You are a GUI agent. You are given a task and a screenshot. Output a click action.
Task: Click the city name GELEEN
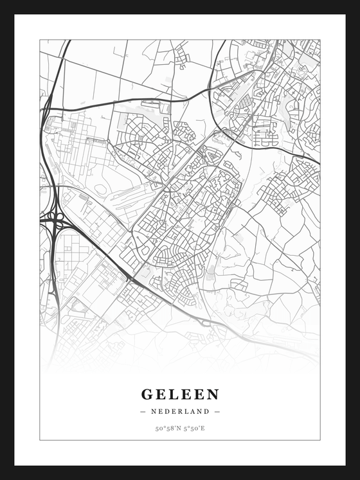pos(180,395)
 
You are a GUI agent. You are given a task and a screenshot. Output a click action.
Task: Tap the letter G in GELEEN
pos(147,395)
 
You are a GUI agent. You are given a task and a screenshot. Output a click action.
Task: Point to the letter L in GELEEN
pos(173,395)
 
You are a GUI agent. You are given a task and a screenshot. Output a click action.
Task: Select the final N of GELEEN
pos(213,395)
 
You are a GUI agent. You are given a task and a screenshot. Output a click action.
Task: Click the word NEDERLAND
pos(180,411)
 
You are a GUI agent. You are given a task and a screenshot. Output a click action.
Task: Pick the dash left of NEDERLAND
pos(143,411)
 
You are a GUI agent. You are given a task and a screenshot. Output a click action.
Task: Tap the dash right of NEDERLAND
pos(217,411)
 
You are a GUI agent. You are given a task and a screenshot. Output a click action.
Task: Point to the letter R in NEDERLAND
pos(180,411)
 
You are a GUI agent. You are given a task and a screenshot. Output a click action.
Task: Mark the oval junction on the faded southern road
pos(204,322)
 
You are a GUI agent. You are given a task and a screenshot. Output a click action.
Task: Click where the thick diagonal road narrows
pos(131,278)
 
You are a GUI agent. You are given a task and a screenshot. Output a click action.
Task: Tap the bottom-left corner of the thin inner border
pos(40,440)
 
